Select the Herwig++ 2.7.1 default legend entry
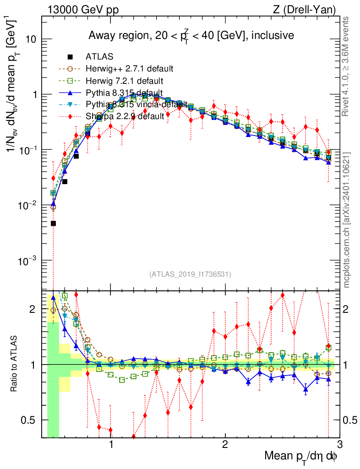click(x=129, y=69)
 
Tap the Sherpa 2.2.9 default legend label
click(x=125, y=116)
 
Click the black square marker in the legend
click(x=70, y=57)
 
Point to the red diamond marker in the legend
click(x=70, y=116)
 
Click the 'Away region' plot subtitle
click(x=191, y=35)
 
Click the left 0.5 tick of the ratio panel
click(x=31, y=420)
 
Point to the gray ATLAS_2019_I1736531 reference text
click(x=190, y=274)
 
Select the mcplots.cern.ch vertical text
click(x=347, y=220)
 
